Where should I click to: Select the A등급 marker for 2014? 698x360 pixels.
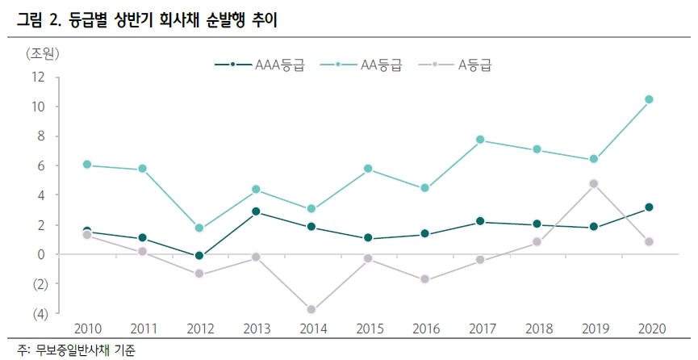coord(311,310)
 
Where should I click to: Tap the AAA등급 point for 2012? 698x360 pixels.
coord(199,256)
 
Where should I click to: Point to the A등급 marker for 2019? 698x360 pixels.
coord(593,184)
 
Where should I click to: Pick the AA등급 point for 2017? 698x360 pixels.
coord(480,140)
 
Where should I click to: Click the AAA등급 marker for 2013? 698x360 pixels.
coord(256,211)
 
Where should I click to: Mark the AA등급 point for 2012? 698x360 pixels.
coord(199,228)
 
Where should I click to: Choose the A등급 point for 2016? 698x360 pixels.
coord(424,280)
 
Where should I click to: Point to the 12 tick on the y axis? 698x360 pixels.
coord(37,77)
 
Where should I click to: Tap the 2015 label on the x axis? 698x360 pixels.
coord(368,329)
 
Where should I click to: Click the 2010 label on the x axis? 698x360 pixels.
coord(87,329)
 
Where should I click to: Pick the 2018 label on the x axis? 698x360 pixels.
coord(537,329)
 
